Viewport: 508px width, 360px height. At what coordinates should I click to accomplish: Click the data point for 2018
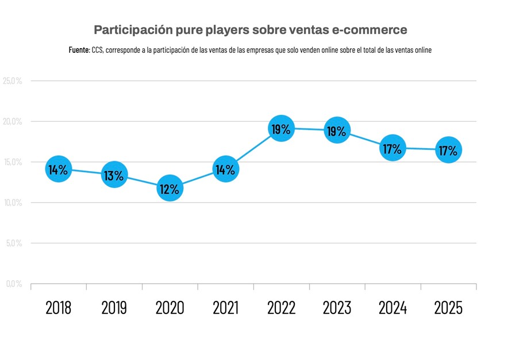(58, 169)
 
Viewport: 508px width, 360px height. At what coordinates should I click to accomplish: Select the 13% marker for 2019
(114, 175)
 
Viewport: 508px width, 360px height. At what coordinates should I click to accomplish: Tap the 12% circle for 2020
(170, 188)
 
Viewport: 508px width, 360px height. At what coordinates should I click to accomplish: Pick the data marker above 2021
(225, 169)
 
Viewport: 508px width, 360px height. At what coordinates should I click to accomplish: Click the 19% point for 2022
(281, 129)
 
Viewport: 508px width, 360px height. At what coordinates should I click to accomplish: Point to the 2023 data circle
(337, 131)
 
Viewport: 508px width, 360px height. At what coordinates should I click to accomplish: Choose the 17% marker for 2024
(392, 149)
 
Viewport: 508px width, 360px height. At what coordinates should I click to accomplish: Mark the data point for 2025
(448, 150)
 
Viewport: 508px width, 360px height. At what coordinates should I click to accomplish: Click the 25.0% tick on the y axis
(13, 81)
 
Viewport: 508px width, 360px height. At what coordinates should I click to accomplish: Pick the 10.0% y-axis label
(13, 203)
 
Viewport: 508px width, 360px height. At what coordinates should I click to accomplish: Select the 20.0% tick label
(13, 122)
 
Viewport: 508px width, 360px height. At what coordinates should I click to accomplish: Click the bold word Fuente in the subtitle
(79, 51)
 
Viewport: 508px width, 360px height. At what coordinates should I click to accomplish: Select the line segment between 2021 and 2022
(253, 149)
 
